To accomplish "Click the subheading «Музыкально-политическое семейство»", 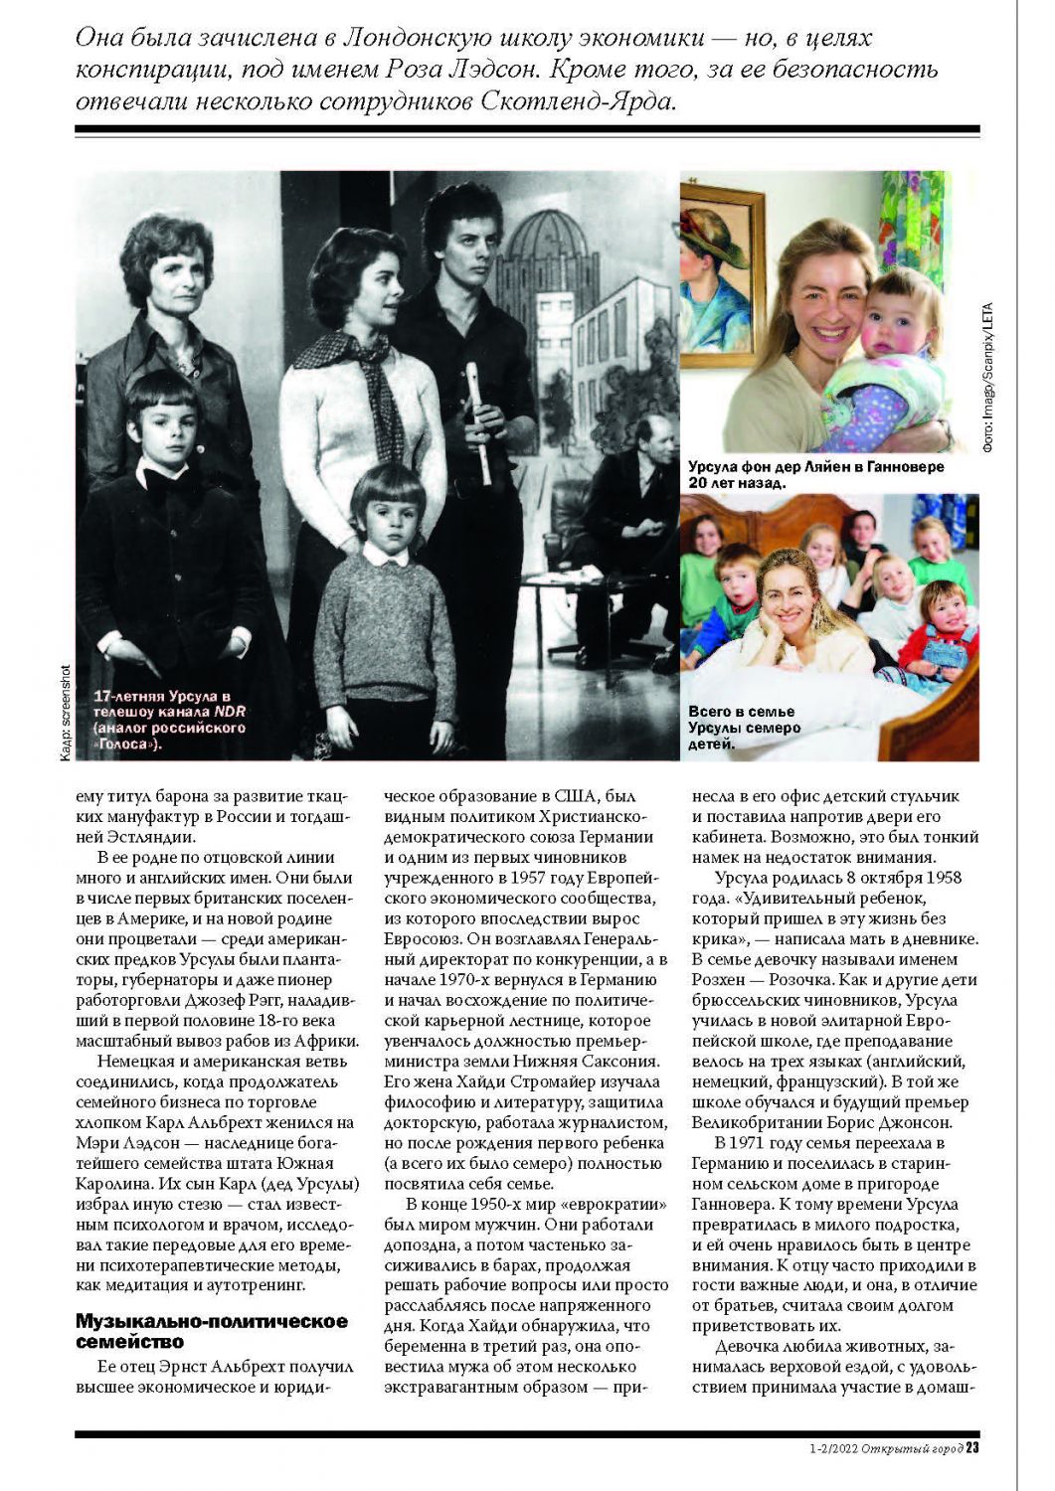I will point(211,1331).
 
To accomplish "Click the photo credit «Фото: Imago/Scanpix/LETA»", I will point(987,378).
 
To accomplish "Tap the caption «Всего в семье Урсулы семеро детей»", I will point(744,728).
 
